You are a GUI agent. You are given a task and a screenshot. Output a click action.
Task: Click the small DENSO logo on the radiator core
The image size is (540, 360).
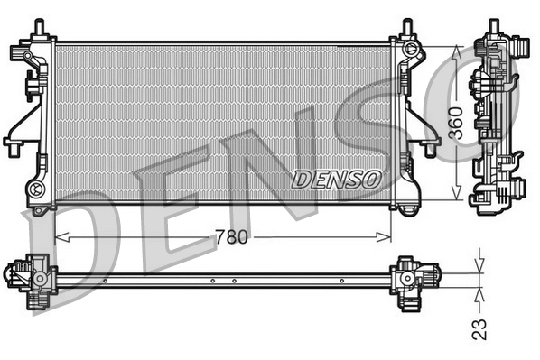[335, 179]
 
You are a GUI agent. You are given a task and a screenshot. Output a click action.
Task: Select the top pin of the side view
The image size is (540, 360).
[495, 28]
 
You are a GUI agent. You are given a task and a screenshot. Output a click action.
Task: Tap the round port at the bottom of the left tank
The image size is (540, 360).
[37, 189]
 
